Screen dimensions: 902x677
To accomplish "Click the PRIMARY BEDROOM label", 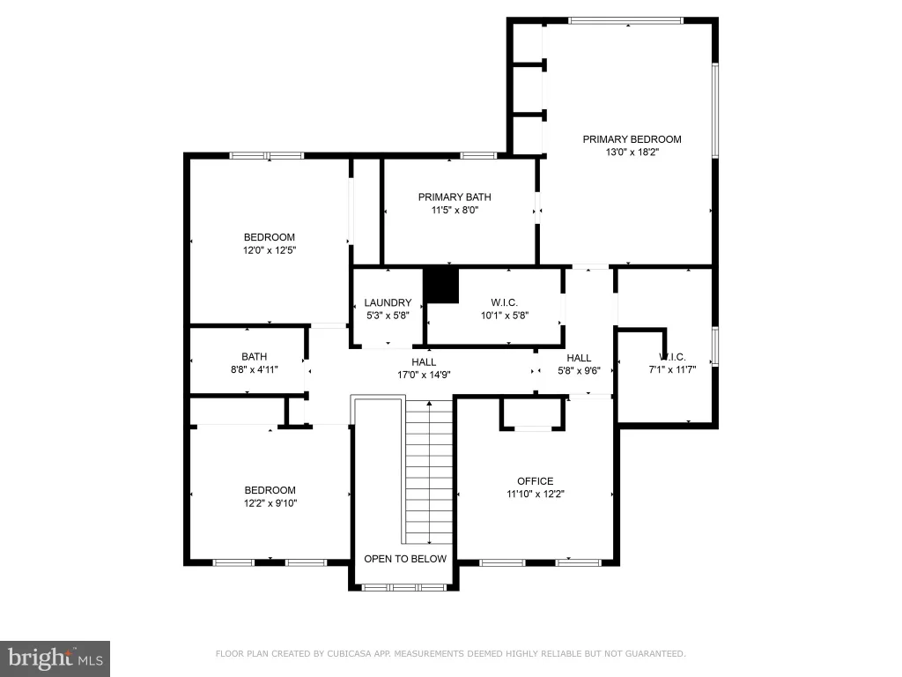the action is click(x=632, y=139).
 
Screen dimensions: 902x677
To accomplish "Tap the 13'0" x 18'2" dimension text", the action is click(x=632, y=153).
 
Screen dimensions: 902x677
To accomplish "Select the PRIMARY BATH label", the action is click(x=455, y=197).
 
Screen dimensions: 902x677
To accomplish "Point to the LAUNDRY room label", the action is click(x=388, y=303).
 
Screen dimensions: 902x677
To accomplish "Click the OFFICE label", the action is click(x=535, y=481).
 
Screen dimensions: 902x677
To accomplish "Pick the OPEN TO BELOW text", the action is click(x=405, y=559).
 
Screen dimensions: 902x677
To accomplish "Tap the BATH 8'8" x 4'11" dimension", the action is click(x=255, y=369).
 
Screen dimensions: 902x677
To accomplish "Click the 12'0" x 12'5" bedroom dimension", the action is click(x=270, y=250).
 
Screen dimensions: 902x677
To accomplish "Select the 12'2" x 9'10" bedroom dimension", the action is click(x=270, y=503).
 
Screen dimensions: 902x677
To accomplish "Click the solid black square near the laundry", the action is click(x=441, y=285).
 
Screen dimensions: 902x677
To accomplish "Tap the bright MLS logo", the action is click(x=55, y=658).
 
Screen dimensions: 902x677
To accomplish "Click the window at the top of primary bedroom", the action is click(x=625, y=21).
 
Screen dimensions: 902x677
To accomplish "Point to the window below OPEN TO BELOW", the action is click(x=403, y=587).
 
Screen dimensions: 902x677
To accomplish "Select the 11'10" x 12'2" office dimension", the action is click(x=536, y=494).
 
